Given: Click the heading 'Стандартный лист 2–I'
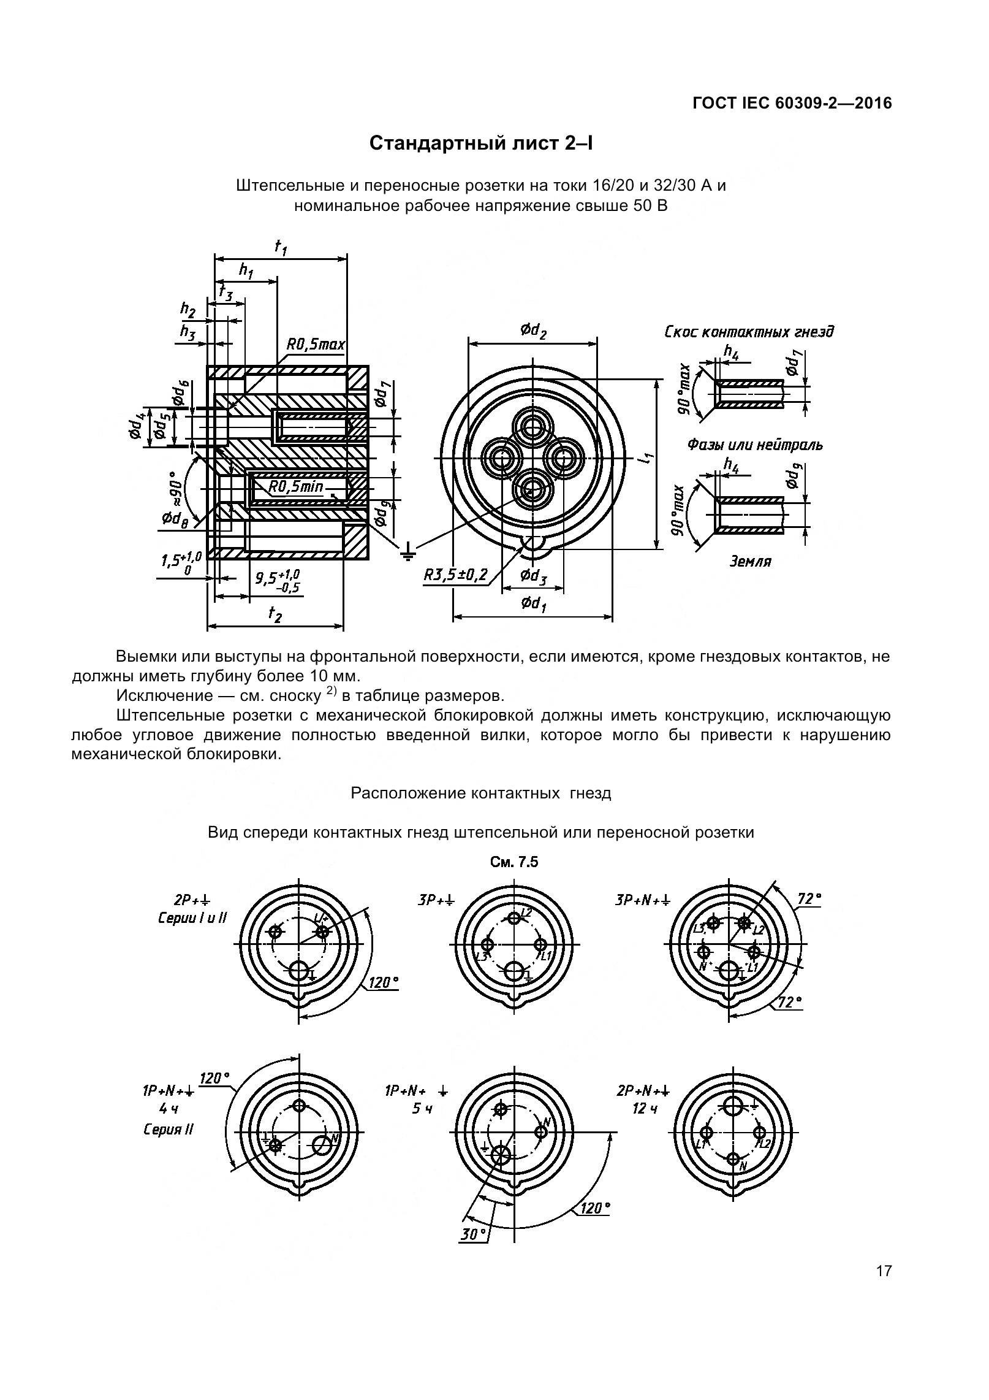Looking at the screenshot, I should [481, 143].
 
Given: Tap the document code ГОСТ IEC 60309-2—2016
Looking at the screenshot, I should [792, 104].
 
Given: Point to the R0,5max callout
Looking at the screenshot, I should [316, 345].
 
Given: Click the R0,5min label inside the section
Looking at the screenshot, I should [296, 487].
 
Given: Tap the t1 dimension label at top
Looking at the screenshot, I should [281, 247].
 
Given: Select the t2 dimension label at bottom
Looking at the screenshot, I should [275, 615].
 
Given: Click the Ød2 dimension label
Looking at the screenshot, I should [532, 331].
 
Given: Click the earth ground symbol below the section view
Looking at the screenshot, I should [407, 554].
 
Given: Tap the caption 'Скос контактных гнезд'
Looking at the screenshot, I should [749, 332].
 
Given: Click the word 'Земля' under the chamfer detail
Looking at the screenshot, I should [750, 561].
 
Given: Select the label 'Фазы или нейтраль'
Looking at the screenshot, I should [754, 445].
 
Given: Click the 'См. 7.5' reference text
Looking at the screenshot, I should [514, 862].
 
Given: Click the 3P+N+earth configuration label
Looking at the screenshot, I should [642, 901].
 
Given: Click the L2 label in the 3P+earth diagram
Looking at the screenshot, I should [526, 912].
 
